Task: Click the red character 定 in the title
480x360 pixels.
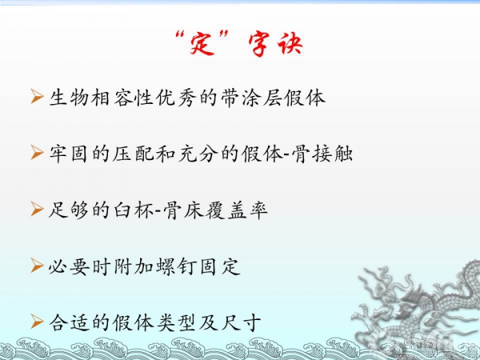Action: click(202, 44)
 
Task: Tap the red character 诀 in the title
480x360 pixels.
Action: click(290, 44)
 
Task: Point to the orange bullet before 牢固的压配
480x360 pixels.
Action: click(37, 152)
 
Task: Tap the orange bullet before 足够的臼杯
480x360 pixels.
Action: click(37, 209)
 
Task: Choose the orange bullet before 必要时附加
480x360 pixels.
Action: click(37, 266)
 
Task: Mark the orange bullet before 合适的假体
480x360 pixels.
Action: click(37, 322)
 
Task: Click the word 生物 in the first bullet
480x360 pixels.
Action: click(69, 98)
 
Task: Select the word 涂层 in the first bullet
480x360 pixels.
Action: click(262, 98)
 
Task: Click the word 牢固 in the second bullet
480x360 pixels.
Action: click(68, 153)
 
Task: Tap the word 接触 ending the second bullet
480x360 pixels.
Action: click(333, 153)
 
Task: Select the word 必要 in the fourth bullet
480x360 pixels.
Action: click(69, 266)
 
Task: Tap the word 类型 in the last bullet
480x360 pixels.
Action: click(176, 322)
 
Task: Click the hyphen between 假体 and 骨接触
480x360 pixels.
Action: click(287, 154)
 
